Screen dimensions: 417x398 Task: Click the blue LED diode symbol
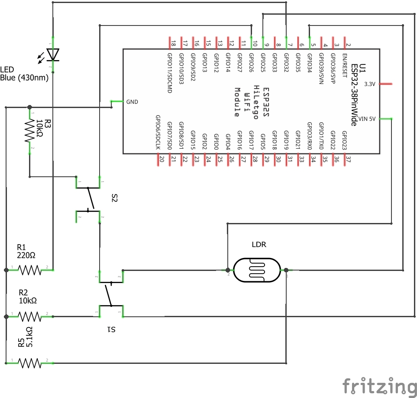pos(52,55)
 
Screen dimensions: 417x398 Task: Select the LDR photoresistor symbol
pos(257,270)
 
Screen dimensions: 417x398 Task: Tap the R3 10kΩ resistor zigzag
pos(30,131)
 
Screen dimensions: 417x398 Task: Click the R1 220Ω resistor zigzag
pos(30,270)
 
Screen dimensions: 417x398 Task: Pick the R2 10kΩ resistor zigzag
pos(30,317)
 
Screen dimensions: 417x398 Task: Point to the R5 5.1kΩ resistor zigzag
pos(30,363)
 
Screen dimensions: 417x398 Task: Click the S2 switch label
pos(114,198)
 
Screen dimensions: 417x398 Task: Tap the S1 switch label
pos(111,330)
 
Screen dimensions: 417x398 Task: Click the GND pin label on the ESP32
pos(132,102)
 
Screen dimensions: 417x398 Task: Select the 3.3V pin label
pos(370,84)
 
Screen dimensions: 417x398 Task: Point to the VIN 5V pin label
pos(367,119)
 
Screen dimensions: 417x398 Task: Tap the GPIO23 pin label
pos(344,140)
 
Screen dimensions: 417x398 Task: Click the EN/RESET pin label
pos(344,66)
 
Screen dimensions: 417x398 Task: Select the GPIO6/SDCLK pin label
pos(158,132)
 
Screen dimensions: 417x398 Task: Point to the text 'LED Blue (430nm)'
pos(24,74)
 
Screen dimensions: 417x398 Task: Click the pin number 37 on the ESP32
pos(349,159)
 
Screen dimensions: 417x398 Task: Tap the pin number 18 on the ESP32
pos(173,44)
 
